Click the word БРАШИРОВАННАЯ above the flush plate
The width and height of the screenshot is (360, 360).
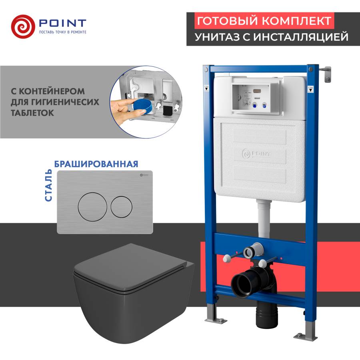96,164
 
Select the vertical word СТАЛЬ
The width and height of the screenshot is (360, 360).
48,185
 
